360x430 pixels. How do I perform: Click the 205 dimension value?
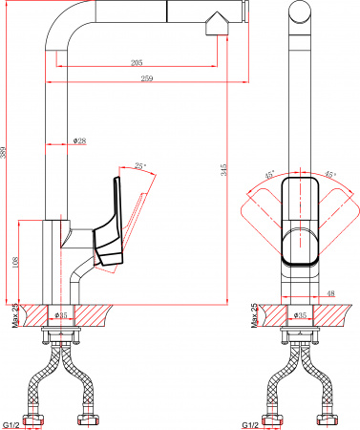click(139, 63)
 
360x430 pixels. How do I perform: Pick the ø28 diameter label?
click(80, 141)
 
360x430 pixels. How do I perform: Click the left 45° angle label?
click(269, 175)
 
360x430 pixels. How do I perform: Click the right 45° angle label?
click(329, 175)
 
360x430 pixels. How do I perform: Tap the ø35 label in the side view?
click(62, 314)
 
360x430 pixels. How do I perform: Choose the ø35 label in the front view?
click(299, 314)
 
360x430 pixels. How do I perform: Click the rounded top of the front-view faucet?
click(298, 13)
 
